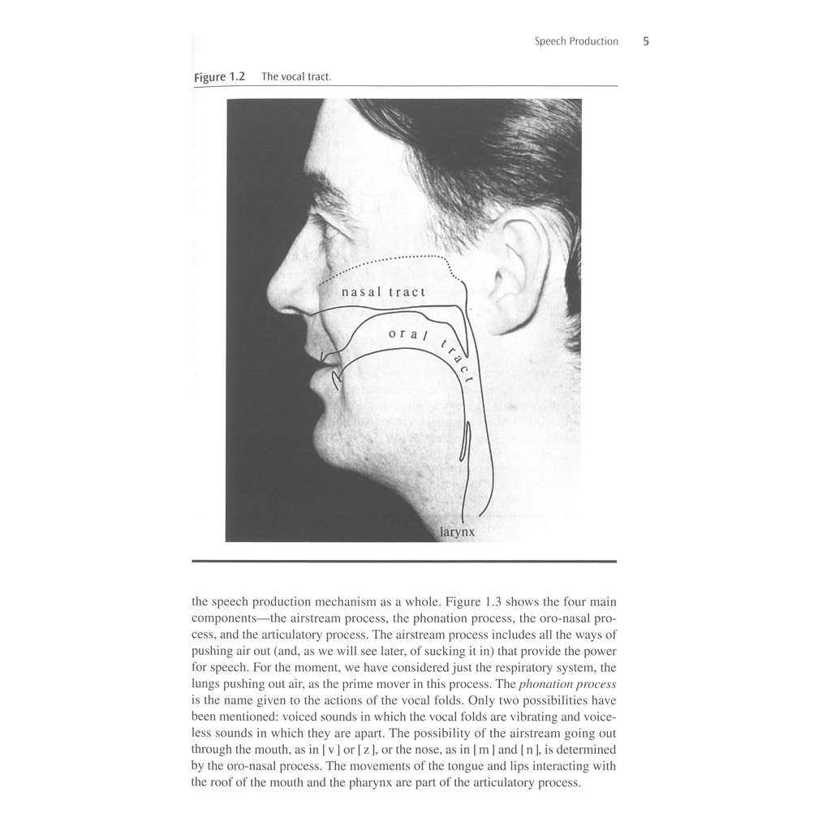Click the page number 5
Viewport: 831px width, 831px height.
coord(646,41)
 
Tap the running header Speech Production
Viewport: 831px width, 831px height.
coord(576,41)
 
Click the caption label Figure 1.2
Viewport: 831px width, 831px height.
coord(219,77)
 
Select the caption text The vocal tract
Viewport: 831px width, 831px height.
coord(296,77)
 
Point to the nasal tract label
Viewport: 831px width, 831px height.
coord(383,292)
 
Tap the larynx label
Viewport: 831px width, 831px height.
coord(457,532)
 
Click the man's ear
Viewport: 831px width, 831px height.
coord(519,272)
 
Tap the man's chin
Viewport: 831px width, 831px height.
coord(325,442)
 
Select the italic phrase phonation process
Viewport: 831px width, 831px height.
coord(567,684)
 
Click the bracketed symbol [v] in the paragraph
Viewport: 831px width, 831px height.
coord(331,749)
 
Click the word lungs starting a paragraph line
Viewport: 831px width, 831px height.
coord(206,684)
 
